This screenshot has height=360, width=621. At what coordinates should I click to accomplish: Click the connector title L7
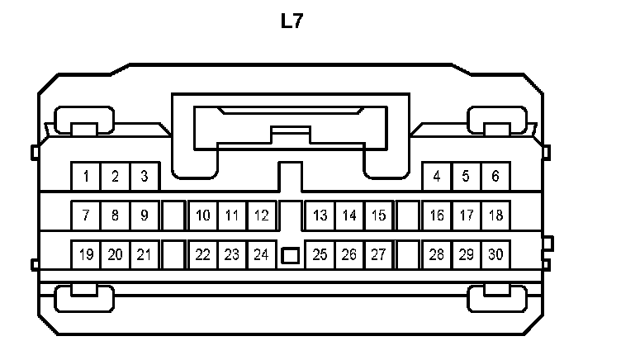(x=292, y=22)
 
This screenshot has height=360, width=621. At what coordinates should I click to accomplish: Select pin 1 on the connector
(x=86, y=176)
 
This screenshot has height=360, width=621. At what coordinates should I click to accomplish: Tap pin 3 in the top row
(x=144, y=176)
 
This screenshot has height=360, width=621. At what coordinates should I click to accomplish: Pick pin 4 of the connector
(x=437, y=176)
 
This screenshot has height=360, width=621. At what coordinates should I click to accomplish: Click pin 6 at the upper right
(x=495, y=176)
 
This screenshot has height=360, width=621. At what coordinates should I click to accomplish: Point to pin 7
(x=86, y=216)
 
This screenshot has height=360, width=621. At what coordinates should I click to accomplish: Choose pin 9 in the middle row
(x=144, y=216)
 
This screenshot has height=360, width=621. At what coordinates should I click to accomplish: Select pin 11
(x=232, y=216)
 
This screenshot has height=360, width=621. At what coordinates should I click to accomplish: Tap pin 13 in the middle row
(x=320, y=216)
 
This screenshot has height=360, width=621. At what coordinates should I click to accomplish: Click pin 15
(x=378, y=216)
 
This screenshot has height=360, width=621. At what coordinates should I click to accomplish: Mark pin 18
(x=495, y=216)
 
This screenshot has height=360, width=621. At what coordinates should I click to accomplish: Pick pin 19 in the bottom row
(x=86, y=254)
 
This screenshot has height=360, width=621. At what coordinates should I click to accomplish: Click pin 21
(x=144, y=254)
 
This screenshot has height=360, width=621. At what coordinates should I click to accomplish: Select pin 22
(x=203, y=254)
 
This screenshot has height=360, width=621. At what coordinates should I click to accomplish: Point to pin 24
(x=261, y=254)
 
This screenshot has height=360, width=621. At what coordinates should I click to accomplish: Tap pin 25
(x=320, y=254)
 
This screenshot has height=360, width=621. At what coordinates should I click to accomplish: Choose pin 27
(x=378, y=254)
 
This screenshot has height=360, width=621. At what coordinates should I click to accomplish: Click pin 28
(x=437, y=254)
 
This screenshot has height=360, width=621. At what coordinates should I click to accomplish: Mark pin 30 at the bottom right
(x=495, y=254)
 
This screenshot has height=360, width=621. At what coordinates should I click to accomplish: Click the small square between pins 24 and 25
(x=290, y=256)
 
